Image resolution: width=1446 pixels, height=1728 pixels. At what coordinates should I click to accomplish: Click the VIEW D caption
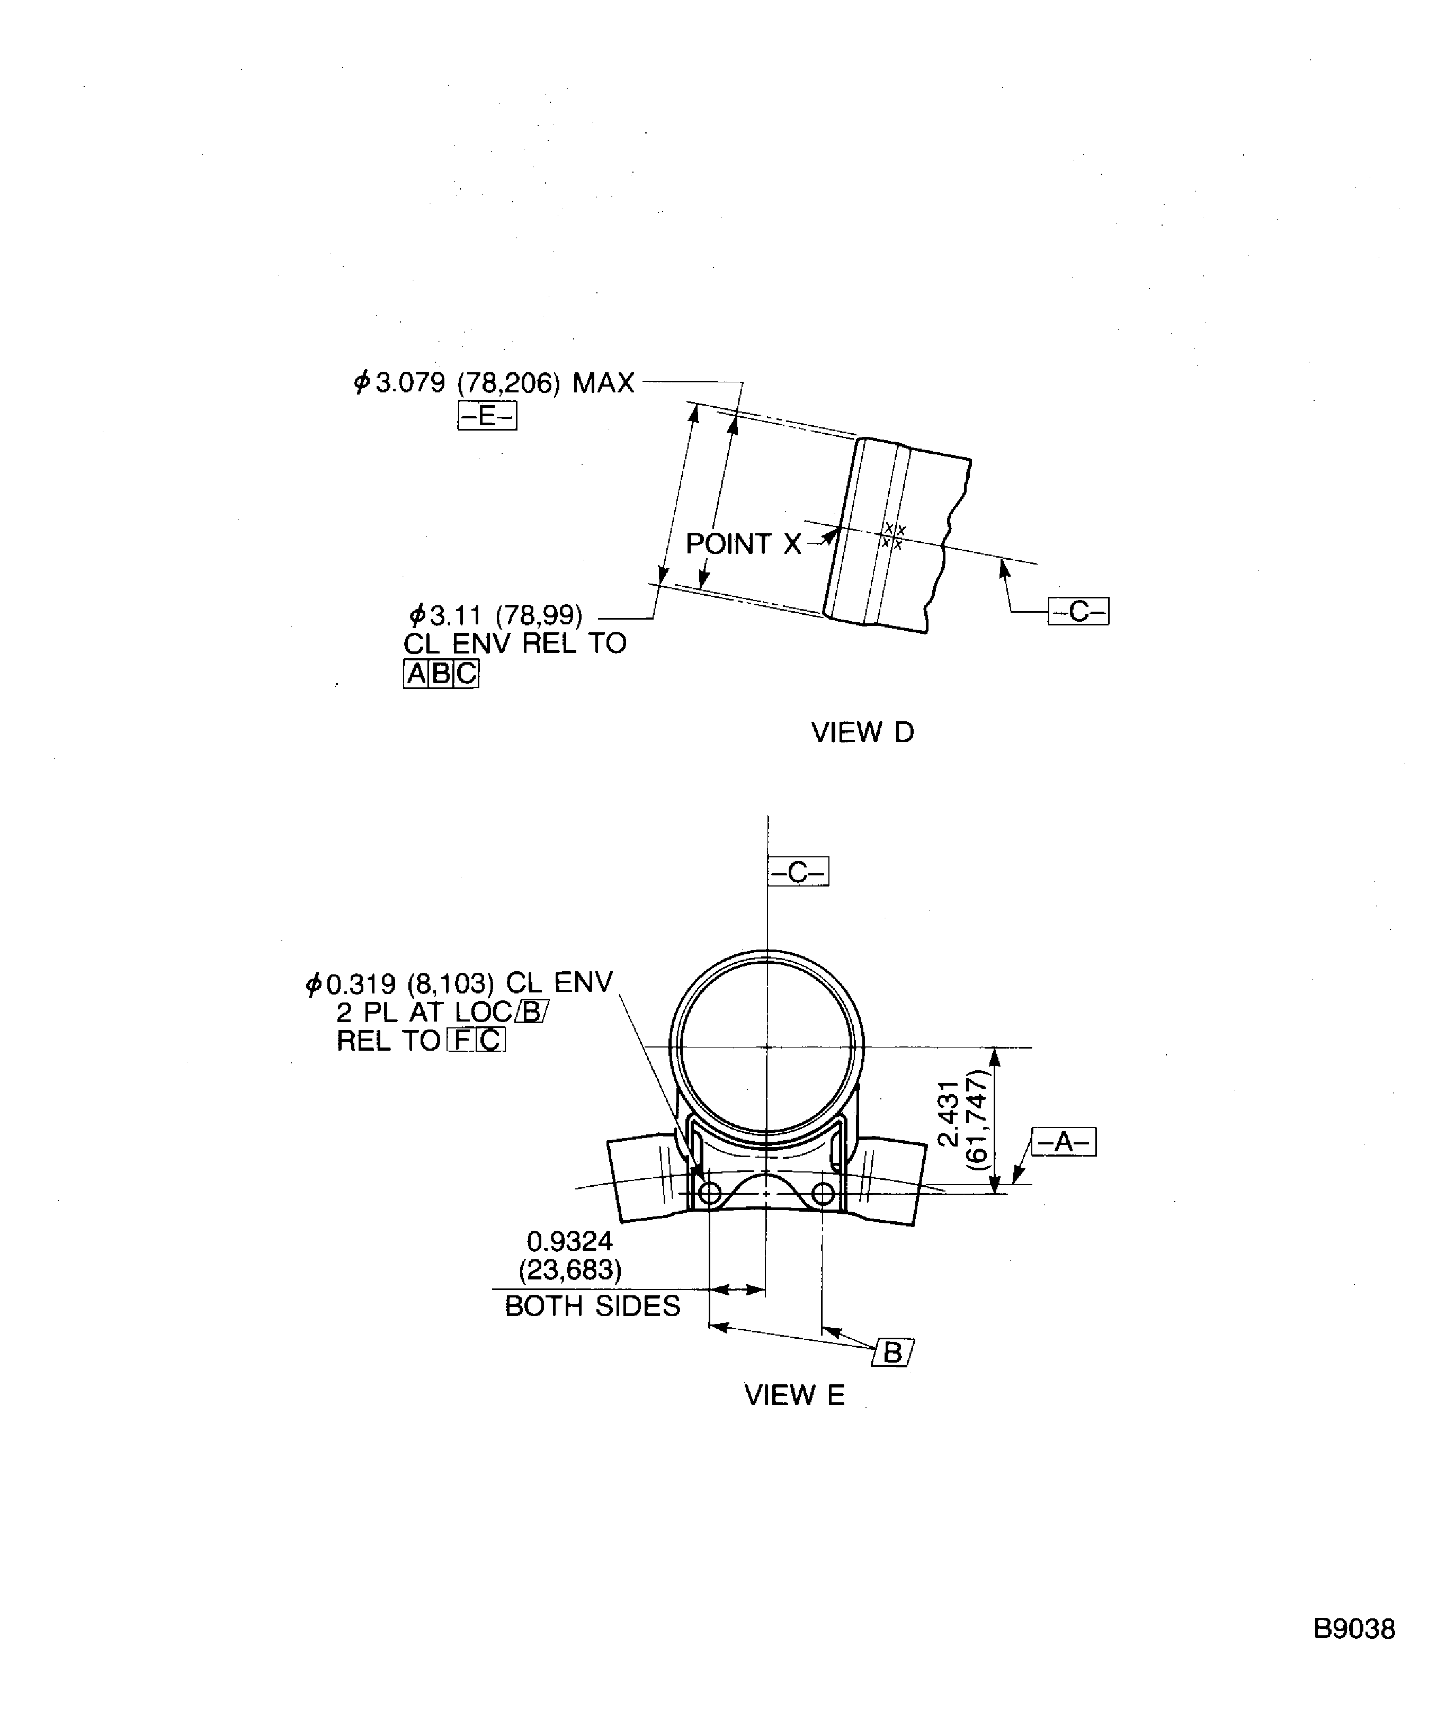tap(862, 732)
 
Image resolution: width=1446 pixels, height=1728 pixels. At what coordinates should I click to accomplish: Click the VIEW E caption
tap(794, 1395)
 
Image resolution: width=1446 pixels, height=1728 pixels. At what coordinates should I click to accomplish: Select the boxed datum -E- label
tap(487, 416)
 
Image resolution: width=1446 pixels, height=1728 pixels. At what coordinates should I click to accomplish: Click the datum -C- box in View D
tap(1078, 611)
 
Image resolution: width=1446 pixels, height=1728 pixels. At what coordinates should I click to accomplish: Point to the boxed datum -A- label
tap(1063, 1141)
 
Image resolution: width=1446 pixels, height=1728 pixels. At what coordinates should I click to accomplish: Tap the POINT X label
tap(743, 544)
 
